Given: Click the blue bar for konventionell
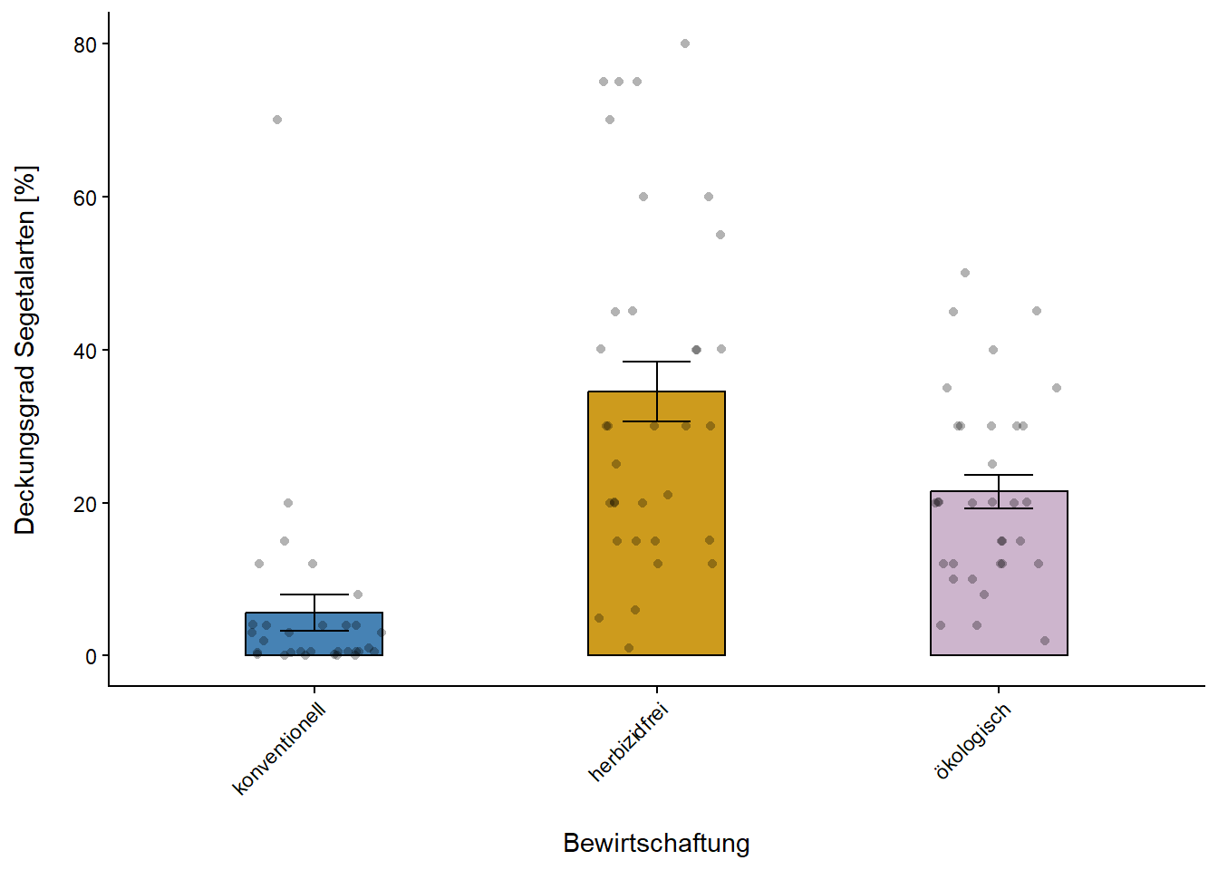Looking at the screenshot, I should pos(314,634).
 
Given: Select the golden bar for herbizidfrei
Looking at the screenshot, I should pos(656,544).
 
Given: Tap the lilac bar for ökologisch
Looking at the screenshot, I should pos(999,580).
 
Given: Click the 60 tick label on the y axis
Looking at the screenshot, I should pos(85,198).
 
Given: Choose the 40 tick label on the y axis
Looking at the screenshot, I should pos(85,351).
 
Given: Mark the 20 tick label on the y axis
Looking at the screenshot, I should pos(85,504).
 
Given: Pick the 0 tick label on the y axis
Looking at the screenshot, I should pos(91,657).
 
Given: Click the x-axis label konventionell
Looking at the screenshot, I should pos(279,749).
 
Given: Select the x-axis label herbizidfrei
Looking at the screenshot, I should pos(628,742).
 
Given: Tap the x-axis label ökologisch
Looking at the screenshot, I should pos(972,741).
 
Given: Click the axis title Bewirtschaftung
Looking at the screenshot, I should pos(656,843).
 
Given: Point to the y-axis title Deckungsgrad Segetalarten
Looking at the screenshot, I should pos(25,350).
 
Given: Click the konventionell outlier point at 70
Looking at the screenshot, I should pos(277,120).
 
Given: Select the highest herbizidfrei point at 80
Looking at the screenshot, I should pos(685,43).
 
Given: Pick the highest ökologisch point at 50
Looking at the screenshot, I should pos(965,273).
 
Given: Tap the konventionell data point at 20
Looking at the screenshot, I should pos(288,503).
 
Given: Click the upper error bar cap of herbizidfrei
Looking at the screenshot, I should pos(656,362).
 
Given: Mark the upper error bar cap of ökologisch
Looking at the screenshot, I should pos(999,475).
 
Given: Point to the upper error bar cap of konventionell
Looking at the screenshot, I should pos(314,594).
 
